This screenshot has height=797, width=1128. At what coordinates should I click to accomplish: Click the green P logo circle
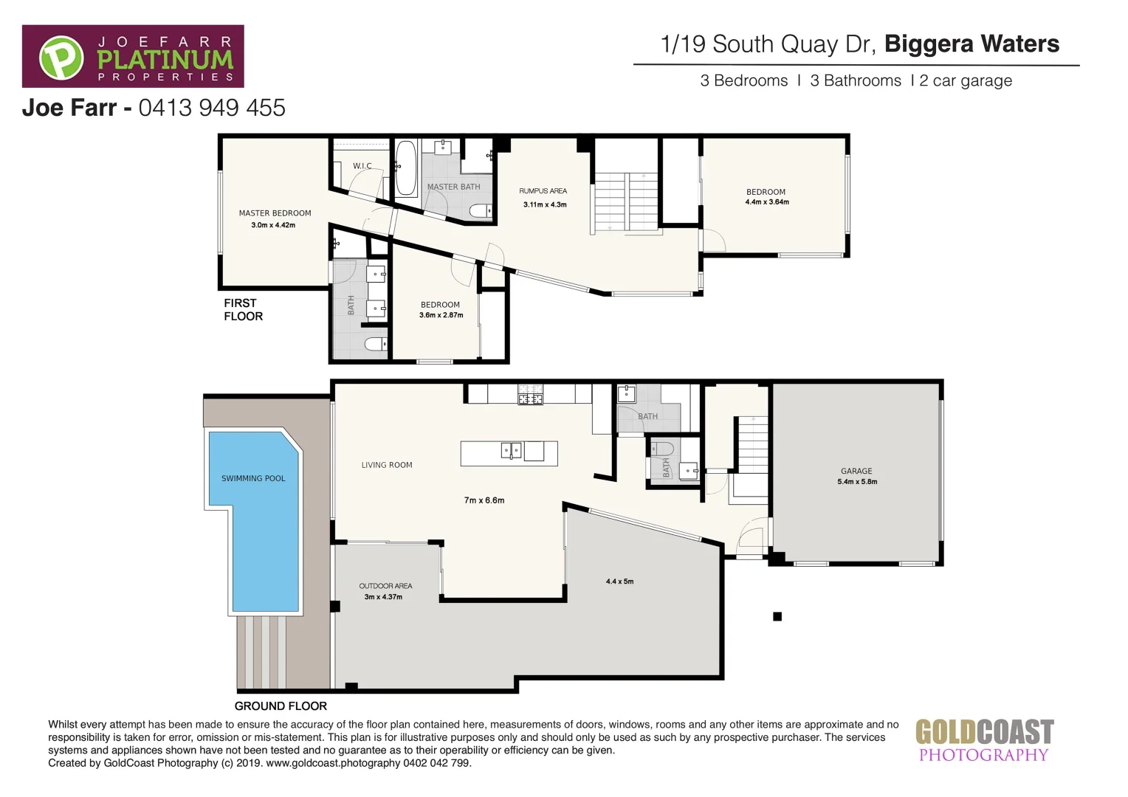tap(61, 58)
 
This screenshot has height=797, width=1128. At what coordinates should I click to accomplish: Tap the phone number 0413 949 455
tap(212, 108)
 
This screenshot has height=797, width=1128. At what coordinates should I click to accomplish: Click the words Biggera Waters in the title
tap(971, 44)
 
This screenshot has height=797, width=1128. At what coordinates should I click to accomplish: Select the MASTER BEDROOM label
tap(275, 213)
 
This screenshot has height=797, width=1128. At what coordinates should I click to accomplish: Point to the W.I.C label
tap(362, 166)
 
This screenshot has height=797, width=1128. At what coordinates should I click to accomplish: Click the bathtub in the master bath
tap(405, 168)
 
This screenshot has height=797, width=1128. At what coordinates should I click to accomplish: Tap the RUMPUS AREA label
tap(543, 191)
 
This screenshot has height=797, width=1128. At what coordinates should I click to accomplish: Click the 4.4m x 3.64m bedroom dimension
tap(767, 202)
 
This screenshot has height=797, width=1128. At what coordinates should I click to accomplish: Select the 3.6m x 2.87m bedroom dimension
tap(441, 315)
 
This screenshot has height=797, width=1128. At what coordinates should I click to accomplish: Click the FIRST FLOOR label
tap(243, 310)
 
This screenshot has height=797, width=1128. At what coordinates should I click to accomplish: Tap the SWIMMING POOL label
tap(253, 479)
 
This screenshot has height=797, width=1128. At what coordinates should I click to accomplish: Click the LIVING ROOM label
tap(387, 465)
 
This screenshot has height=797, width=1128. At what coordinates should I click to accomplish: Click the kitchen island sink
tap(512, 449)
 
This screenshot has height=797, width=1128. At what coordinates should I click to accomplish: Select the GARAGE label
tap(856, 471)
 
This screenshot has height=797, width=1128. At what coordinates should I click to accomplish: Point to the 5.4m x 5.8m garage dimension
tap(857, 482)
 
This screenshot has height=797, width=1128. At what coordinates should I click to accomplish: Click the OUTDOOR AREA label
tap(385, 586)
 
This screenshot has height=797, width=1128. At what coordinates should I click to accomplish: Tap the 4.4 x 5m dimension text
tap(619, 582)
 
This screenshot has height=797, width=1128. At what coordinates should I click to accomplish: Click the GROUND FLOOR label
tap(281, 706)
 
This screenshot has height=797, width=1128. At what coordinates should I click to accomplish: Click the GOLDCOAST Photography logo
tap(984, 740)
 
